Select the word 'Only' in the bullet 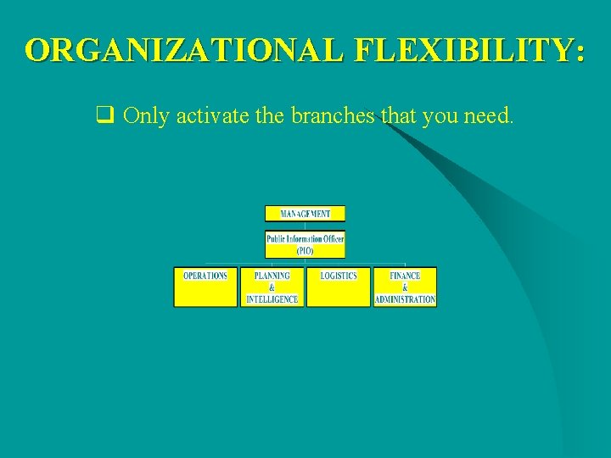point(146,116)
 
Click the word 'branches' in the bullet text point(333,116)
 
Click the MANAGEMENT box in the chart point(305,214)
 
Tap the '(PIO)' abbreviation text point(305,251)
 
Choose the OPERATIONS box point(205,287)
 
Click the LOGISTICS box point(339,287)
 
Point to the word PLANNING point(272,276)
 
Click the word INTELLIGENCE point(272,299)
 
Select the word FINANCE point(405,276)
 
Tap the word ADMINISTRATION point(405,299)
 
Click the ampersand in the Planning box point(272,288)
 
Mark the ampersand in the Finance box point(405,288)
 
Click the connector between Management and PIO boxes point(305,226)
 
